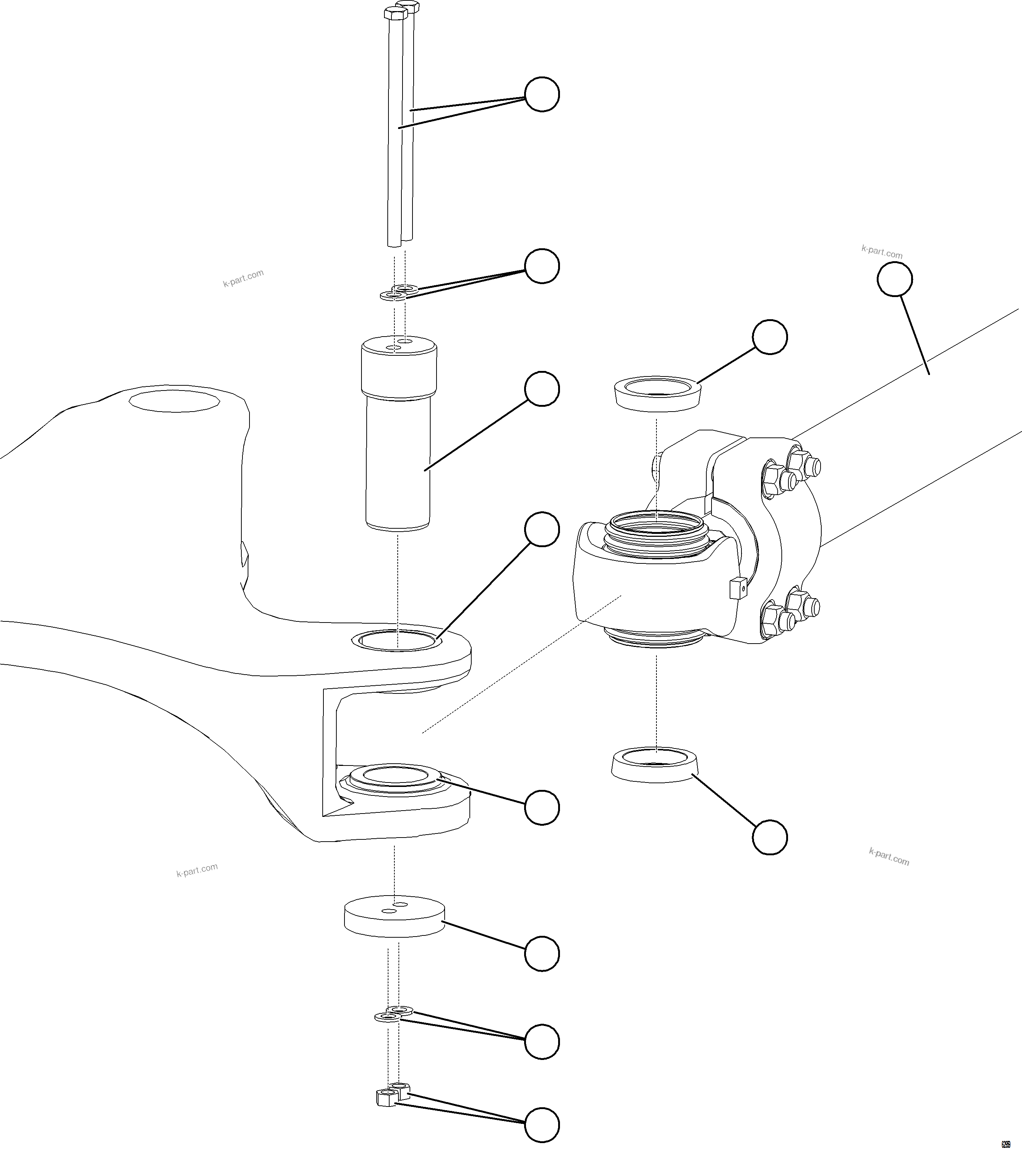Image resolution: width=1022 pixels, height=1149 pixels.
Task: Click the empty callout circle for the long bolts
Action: tap(541, 94)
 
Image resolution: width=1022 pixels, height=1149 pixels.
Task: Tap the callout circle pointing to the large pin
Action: tap(541, 388)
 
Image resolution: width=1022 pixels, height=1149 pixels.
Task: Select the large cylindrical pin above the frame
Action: tap(398, 439)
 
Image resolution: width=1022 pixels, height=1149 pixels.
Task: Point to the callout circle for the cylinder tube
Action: tap(895, 279)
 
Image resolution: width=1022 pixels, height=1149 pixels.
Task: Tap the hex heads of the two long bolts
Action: tap(400, 10)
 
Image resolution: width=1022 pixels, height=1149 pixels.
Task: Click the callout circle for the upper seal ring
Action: tap(770, 337)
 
